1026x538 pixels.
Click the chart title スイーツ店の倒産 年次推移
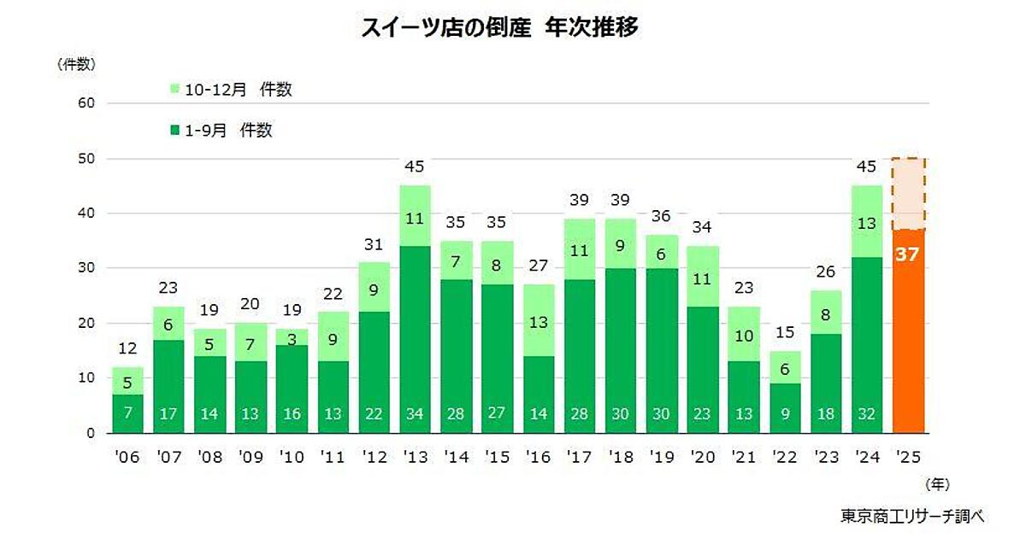point(499,27)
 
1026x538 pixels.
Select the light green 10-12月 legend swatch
point(175,89)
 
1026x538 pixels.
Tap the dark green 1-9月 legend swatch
point(175,131)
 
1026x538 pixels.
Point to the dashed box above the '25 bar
point(908,194)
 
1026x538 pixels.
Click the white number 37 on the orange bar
point(908,254)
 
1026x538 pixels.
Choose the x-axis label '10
point(291,456)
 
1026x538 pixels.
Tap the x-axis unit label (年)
point(938,484)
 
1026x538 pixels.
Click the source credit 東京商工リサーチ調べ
point(912,515)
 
